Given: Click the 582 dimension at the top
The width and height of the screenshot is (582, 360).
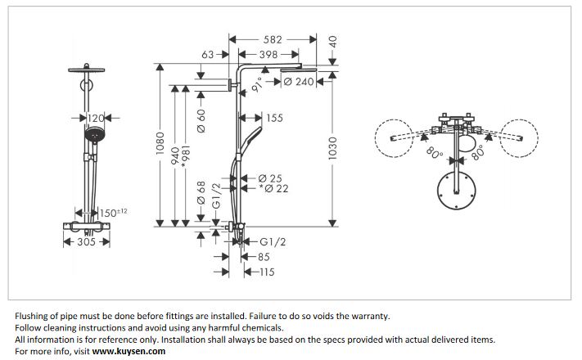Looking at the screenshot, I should pyautogui.click(x=273, y=38).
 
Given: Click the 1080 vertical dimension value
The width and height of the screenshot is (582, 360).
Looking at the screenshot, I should pyautogui.click(x=160, y=145).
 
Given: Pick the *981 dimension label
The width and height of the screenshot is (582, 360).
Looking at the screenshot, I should pyautogui.click(x=186, y=153).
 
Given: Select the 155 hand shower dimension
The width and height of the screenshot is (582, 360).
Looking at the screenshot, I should pyautogui.click(x=273, y=119).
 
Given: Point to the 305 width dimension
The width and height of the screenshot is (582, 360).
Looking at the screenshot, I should pyautogui.click(x=85, y=242).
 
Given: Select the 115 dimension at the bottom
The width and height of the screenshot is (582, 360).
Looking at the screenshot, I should pyautogui.click(x=265, y=272).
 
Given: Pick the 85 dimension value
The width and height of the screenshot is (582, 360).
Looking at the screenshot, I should pyautogui.click(x=262, y=257).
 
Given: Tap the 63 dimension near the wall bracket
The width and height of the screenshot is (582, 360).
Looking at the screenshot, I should pyautogui.click(x=208, y=55).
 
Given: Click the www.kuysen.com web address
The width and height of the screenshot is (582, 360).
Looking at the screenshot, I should pyautogui.click(x=129, y=351).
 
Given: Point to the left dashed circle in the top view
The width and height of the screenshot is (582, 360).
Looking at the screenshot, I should pyautogui.click(x=390, y=137).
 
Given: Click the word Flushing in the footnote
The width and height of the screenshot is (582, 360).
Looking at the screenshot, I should pyautogui.click(x=34, y=315).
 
